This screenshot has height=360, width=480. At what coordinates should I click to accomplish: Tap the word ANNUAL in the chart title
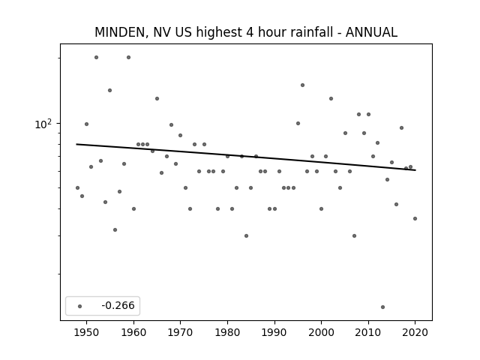371,32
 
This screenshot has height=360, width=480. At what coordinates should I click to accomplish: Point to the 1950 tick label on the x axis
87,332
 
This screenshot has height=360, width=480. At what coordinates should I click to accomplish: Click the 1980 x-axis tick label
227,332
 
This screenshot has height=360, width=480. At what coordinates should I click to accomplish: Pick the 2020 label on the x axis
415,332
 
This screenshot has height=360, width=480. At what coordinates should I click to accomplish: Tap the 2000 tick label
321,332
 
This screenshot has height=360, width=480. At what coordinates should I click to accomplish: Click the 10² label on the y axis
43,124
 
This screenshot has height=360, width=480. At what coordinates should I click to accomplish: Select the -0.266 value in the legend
118,305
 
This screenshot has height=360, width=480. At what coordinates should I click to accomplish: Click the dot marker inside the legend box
80,306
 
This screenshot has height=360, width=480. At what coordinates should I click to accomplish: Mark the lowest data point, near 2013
382,307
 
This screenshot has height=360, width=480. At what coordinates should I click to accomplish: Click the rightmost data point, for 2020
415,218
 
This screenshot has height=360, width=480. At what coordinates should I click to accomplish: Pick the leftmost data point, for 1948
77,187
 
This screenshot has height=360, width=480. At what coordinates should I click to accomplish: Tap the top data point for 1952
96,57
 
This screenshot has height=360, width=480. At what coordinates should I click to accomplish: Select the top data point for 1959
128,57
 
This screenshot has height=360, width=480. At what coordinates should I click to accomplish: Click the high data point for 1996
302,85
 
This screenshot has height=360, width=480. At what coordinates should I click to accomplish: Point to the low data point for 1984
246,235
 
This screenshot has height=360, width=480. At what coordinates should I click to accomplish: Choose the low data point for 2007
354,235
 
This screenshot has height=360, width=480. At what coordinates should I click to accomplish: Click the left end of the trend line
76,144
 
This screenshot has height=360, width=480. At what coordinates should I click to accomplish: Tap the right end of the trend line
415,170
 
